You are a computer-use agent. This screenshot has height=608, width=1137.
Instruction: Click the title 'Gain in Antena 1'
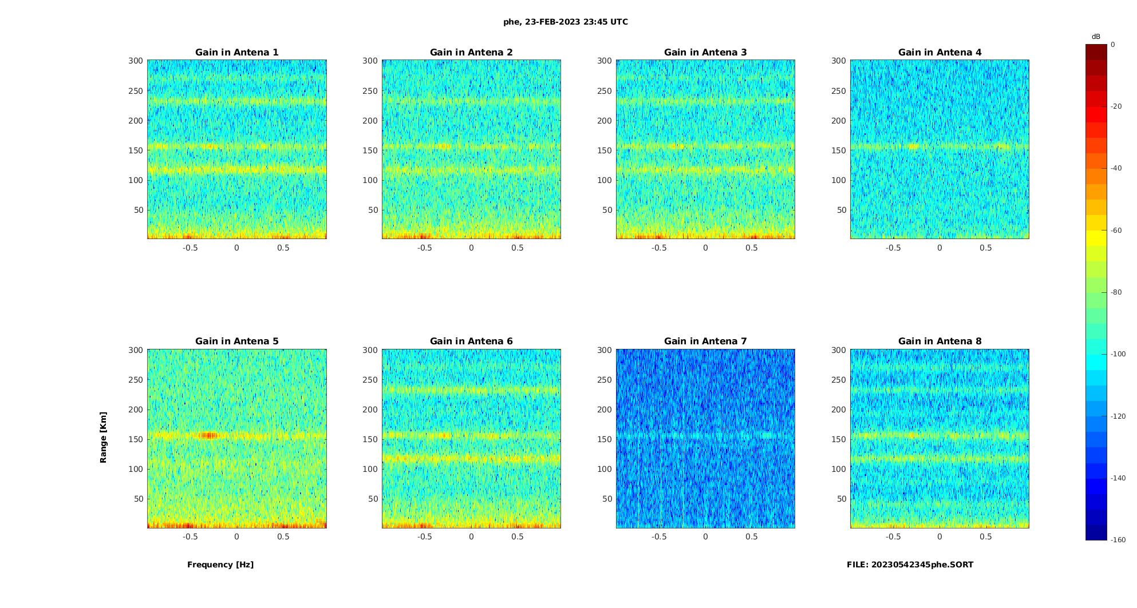(236, 53)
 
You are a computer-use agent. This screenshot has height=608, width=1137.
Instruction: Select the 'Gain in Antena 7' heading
(705, 341)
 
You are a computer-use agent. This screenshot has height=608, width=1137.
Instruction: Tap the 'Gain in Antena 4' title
(939, 53)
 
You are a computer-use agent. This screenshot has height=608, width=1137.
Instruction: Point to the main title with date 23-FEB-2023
(566, 22)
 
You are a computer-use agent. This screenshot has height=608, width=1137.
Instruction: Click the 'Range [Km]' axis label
(104, 438)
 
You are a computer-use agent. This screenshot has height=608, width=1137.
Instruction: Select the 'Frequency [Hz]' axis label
(220, 565)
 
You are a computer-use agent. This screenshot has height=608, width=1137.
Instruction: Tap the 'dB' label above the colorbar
(1096, 37)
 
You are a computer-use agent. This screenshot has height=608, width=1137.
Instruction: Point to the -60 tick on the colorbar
(1116, 231)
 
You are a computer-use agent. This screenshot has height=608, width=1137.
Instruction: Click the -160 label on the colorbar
(1118, 540)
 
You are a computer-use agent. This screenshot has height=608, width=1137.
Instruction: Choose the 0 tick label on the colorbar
(1113, 45)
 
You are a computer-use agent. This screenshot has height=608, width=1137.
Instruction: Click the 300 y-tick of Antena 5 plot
(136, 350)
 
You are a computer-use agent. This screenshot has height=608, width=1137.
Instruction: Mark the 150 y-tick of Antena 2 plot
(370, 150)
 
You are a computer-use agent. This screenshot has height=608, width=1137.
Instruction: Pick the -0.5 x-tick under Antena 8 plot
(893, 537)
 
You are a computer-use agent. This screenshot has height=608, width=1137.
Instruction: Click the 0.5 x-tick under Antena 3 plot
(752, 248)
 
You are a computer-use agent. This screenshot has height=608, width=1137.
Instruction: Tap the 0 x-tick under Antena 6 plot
(471, 537)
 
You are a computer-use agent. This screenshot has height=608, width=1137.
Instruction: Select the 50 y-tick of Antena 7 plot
(607, 499)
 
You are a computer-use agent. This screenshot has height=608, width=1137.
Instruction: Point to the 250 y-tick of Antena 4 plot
(839, 91)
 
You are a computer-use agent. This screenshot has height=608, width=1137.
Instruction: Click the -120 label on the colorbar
(1118, 416)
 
